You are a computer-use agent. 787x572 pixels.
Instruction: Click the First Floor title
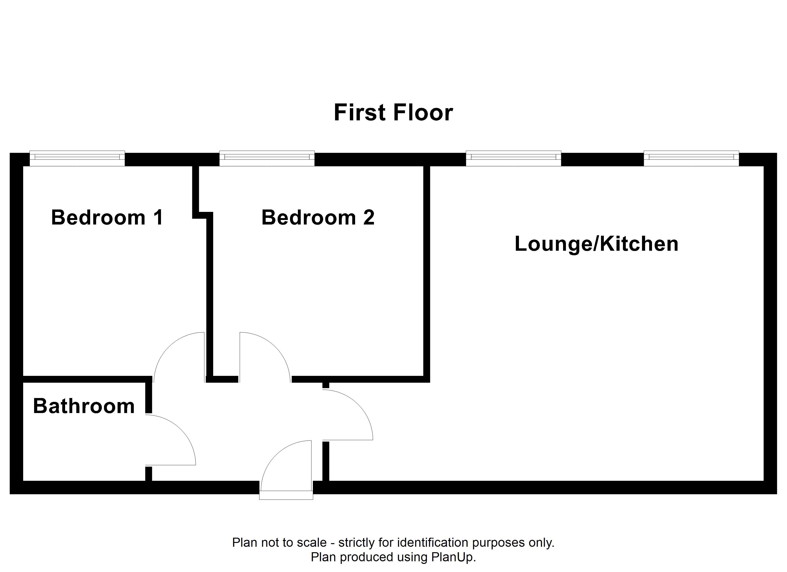393,112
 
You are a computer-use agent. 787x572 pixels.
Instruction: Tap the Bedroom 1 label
107,218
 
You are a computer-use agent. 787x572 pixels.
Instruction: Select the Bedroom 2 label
318,218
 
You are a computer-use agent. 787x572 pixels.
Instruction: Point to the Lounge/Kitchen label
596,244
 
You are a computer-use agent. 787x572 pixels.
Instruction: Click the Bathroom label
84,406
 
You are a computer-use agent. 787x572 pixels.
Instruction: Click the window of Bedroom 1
77,158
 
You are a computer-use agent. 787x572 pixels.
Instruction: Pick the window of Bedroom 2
267,158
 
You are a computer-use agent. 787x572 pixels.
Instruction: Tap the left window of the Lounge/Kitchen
513,158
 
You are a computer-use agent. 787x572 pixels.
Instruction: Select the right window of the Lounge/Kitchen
691,158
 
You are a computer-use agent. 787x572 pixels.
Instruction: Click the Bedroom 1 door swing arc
168,347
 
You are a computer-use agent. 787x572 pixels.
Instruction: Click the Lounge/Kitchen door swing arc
358,404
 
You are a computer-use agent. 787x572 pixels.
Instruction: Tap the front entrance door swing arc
275,455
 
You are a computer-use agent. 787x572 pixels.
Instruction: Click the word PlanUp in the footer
453,557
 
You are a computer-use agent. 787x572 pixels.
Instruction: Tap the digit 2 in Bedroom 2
369,218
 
